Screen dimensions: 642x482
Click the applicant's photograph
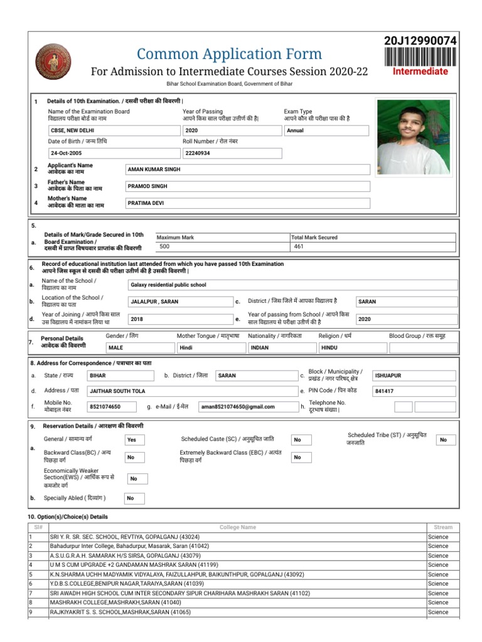(412, 136)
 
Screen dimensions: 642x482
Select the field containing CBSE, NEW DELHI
(113, 130)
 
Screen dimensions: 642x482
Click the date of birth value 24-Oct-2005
(113, 153)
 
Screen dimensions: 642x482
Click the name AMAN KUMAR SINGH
(247, 170)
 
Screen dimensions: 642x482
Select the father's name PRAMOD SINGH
(247, 186)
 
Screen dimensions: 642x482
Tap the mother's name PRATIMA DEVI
(247, 203)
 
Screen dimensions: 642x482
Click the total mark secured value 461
(373, 247)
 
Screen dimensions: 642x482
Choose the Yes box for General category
(134, 440)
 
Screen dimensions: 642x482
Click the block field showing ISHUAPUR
(414, 376)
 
